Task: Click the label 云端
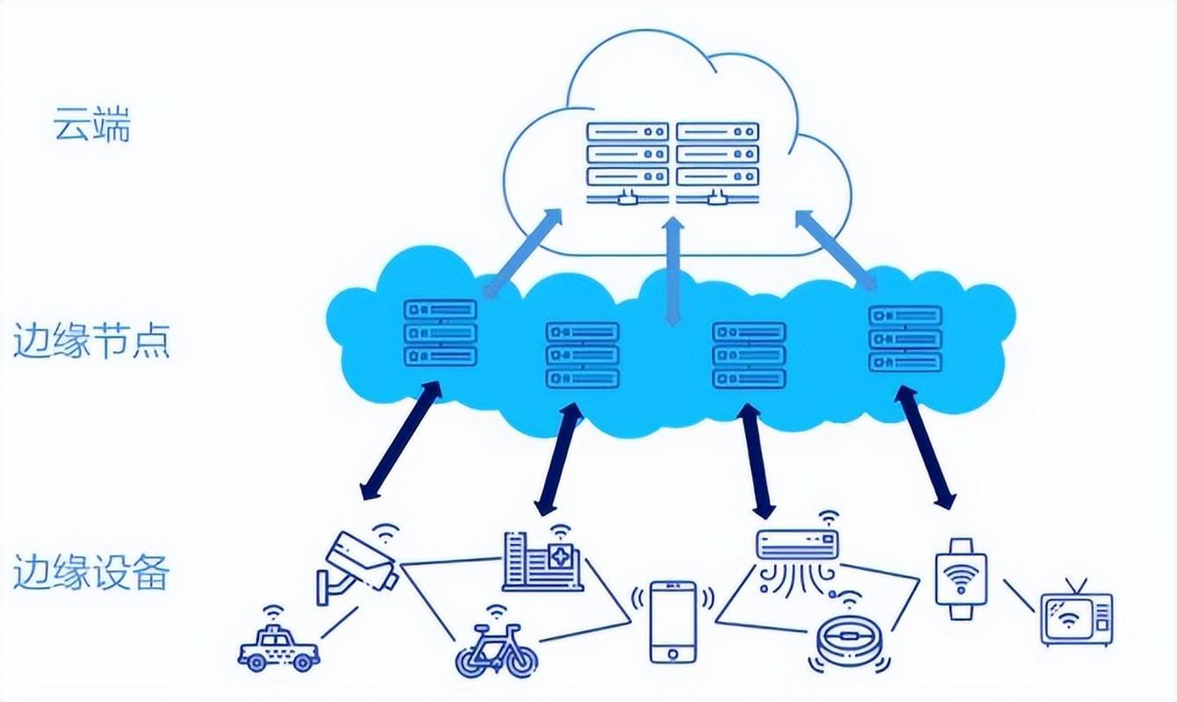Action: (91, 125)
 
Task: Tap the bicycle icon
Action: (494, 649)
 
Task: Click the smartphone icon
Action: (672, 621)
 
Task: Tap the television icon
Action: (1076, 616)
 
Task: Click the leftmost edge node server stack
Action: (441, 333)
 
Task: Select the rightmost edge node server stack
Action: (905, 338)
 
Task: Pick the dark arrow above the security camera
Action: (401, 441)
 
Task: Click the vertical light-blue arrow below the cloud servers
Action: (673, 272)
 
